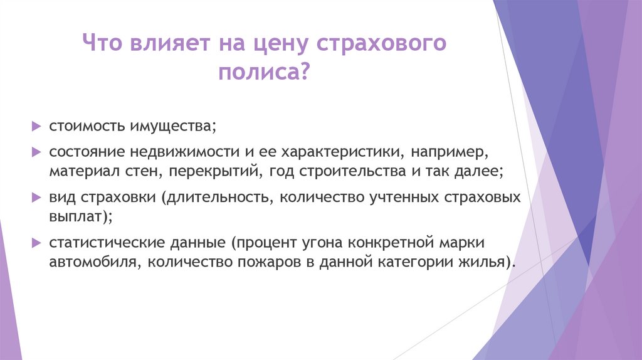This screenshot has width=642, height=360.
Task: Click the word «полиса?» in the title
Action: [x=264, y=74]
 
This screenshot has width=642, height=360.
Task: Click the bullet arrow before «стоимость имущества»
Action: [x=36, y=126]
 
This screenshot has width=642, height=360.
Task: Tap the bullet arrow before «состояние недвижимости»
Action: [x=36, y=152]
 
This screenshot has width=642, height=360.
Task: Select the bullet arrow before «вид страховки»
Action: [x=36, y=197]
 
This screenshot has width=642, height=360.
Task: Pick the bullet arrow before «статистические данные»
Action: [x=36, y=242]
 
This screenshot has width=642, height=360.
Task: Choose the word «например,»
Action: [x=443, y=152]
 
